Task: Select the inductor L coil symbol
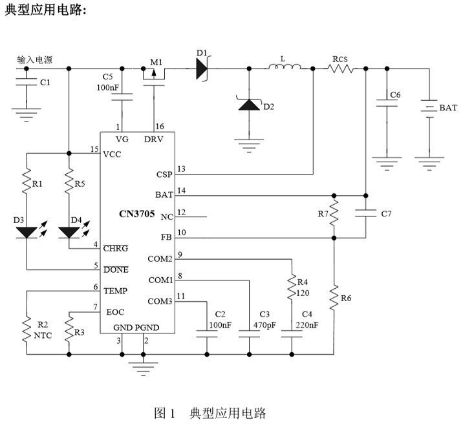click(x=285, y=67)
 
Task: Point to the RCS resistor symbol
click(x=341, y=68)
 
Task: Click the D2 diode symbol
click(x=248, y=104)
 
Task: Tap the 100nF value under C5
click(x=107, y=87)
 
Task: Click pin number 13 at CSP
click(x=181, y=169)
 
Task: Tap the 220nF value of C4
click(x=307, y=325)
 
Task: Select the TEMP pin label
click(x=116, y=291)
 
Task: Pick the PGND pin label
click(x=147, y=328)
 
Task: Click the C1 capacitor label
click(x=45, y=83)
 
